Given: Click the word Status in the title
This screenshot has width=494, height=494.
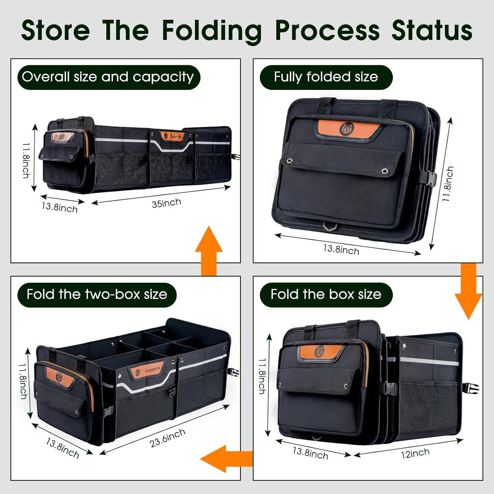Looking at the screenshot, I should [x=432, y=30].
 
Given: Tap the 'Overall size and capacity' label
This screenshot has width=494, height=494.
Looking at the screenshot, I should [x=108, y=77].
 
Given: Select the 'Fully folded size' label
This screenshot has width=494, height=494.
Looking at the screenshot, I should [x=326, y=77].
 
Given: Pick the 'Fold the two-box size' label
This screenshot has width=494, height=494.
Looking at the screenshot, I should [x=97, y=294].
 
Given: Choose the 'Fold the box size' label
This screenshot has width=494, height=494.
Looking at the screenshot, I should [x=326, y=294].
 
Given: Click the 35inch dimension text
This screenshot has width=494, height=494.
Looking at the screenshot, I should [x=166, y=203].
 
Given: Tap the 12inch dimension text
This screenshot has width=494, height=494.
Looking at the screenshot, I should [x=415, y=453].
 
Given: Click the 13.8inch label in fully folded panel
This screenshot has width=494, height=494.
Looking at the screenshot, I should [x=341, y=249].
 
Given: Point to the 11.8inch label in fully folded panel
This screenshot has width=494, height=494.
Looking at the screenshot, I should [x=448, y=184].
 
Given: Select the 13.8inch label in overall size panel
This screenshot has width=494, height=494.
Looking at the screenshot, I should [x=60, y=207].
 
